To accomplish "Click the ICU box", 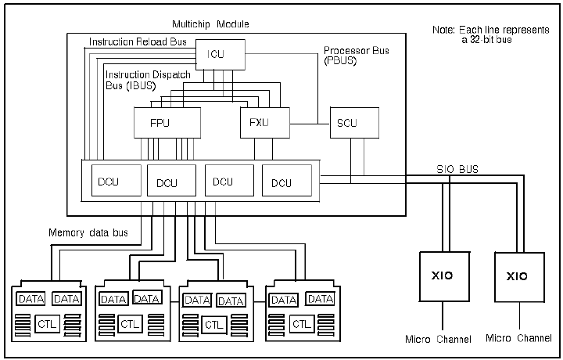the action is coord(221,55).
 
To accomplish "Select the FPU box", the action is coord(167,123).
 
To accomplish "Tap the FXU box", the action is coord(265,123).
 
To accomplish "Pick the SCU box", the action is coord(354,123).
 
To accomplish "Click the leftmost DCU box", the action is coord(117,180).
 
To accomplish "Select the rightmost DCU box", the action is coord(287,180).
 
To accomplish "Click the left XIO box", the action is coord(444,276).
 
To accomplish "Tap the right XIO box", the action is coord(519,277).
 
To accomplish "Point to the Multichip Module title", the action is coord(210,24).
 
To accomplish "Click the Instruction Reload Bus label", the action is coord(138,42).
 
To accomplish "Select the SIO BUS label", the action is coord(457,169).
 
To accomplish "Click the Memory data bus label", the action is coord(88,232).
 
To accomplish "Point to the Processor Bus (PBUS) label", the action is coord(357,56).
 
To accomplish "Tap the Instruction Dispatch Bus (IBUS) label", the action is coord(148,80).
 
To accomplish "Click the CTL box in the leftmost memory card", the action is coord(47,324).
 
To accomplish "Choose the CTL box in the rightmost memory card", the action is coord(302,324).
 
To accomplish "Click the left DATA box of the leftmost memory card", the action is coord(31,299).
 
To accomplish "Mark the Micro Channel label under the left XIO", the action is coord(438,339).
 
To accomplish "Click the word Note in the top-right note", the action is coord(444,30).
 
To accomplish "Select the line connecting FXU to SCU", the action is coord(310,124).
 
